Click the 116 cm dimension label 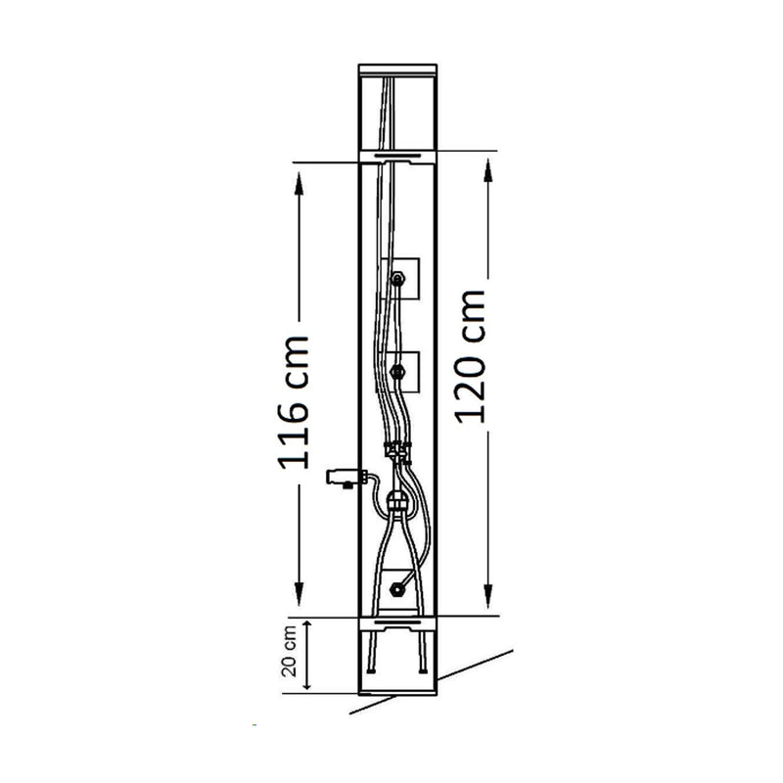(293, 402)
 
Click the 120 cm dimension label (470, 356)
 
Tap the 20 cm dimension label (289, 651)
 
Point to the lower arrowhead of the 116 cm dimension (299, 593)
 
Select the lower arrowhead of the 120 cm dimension (487, 595)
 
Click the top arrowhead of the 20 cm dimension (307, 627)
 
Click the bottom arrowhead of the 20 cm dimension (307, 682)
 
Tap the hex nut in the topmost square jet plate (397, 278)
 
